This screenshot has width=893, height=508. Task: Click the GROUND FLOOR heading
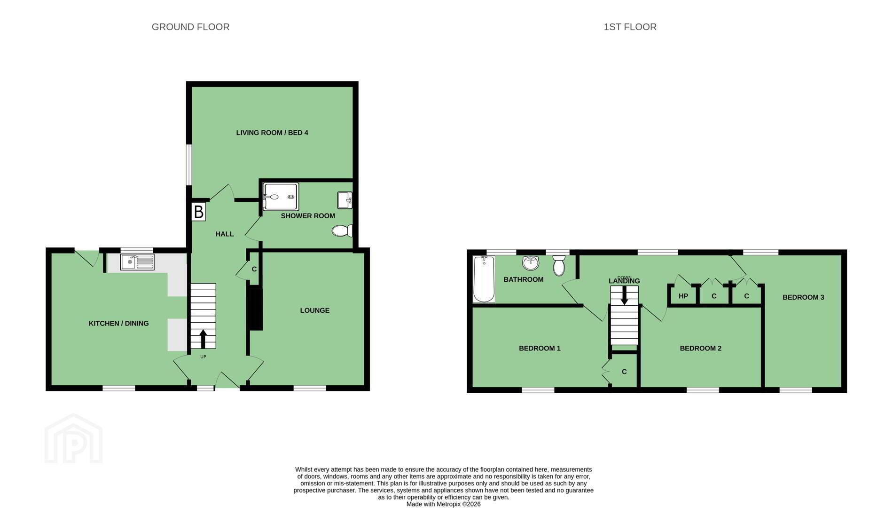190,27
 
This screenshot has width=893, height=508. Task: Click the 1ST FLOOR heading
630,27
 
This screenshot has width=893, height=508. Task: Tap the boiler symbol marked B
198,212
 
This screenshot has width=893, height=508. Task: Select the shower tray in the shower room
281,196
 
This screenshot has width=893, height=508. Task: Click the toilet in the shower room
342,230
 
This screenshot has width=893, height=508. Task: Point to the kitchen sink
137,262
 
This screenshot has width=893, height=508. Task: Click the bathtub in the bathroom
484,279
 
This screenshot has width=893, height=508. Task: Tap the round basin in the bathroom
531,262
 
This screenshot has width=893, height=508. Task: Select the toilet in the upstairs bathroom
559,265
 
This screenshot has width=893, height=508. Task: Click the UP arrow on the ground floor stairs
203,339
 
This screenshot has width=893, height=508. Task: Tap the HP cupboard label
683,296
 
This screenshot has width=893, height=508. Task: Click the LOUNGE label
315,310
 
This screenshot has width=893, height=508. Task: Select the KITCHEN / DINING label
118,324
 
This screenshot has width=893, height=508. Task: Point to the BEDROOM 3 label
803,297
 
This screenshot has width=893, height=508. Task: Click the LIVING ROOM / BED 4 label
272,133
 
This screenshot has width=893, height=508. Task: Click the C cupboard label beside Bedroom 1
624,372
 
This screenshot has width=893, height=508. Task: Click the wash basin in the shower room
345,200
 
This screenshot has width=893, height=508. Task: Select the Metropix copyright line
443,504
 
